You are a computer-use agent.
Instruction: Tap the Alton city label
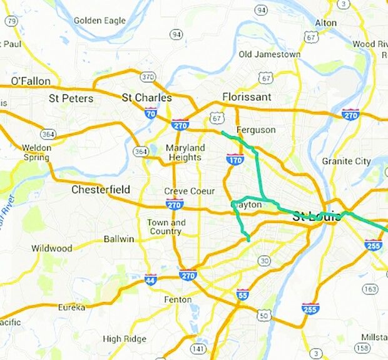(325, 23)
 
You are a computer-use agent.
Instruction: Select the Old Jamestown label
(270, 54)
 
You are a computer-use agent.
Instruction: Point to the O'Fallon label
(31, 81)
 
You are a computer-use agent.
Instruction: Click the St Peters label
(71, 98)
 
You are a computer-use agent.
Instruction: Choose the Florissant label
(247, 97)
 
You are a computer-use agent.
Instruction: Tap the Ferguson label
(256, 130)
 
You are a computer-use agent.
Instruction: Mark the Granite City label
(346, 161)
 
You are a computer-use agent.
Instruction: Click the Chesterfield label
(101, 189)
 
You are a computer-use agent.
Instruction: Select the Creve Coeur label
(189, 191)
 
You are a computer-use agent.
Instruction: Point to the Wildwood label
(51, 249)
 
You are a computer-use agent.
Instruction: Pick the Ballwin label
(119, 239)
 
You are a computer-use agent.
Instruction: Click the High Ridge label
(121, 339)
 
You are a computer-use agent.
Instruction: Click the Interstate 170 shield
(235, 160)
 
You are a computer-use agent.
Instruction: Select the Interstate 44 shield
(151, 279)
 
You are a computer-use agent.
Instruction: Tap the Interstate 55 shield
(243, 294)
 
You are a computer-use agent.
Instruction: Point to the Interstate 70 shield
(150, 113)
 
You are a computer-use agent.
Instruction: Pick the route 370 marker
(148, 77)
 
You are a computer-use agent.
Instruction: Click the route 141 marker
(198, 348)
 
